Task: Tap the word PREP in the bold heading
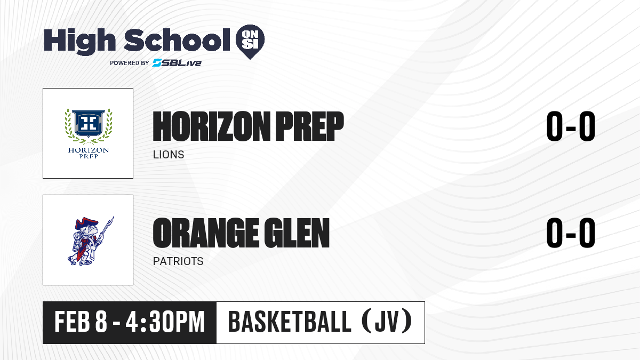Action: pos(309,126)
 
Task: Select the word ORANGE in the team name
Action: pos(206,233)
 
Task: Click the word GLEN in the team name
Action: pos(297,233)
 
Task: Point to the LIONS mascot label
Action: pos(169,155)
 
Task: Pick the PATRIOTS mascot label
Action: pos(178,261)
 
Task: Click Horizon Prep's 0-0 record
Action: pos(571,126)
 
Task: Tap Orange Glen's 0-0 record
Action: pos(571,233)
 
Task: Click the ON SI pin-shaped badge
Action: pos(250,41)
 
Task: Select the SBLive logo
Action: pos(177,62)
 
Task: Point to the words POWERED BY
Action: pos(129,63)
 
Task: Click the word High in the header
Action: pos(79,41)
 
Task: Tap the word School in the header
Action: pos(177,41)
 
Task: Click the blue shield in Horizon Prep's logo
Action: pos(89,123)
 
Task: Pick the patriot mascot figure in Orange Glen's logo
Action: pos(91,241)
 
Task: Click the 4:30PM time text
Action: pos(165,322)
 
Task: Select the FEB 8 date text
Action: pos(81,322)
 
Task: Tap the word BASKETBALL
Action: pos(290,322)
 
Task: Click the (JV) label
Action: pos(387,322)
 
